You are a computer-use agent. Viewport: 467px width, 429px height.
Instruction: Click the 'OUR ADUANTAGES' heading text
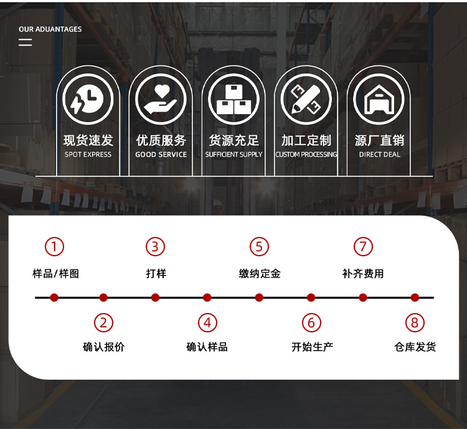(50, 29)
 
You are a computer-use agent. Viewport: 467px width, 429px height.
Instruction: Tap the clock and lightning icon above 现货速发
(88, 99)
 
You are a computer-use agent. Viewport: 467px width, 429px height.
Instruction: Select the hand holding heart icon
(161, 99)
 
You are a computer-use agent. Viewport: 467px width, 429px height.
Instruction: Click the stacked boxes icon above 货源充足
(233, 99)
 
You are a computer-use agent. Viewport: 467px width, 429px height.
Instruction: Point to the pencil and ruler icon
(306, 99)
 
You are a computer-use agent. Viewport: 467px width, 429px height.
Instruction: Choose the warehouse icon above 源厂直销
(379, 99)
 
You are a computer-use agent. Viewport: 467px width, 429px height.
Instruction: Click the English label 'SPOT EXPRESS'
(88, 155)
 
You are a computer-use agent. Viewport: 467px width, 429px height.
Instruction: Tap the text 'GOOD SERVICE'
(161, 155)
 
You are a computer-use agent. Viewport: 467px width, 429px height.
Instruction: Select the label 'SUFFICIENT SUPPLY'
(233, 155)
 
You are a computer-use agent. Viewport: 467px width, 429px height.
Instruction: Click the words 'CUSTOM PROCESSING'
(306, 155)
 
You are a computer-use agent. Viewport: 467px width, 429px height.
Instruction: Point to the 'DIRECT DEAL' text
(379, 155)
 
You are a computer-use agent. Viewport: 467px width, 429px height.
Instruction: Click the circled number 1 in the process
(54, 247)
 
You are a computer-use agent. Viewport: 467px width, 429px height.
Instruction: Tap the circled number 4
(207, 322)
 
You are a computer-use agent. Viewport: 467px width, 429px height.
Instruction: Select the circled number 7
(362, 247)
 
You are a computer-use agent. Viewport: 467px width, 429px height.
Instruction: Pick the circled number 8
(415, 322)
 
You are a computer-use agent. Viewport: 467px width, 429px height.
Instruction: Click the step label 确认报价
(103, 347)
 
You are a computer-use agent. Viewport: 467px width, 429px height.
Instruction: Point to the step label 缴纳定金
(259, 273)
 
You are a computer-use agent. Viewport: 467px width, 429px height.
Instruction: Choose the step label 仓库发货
(415, 347)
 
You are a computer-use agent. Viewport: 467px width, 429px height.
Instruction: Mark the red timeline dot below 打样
(156, 297)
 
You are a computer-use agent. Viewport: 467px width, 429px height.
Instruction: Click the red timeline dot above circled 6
(311, 297)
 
